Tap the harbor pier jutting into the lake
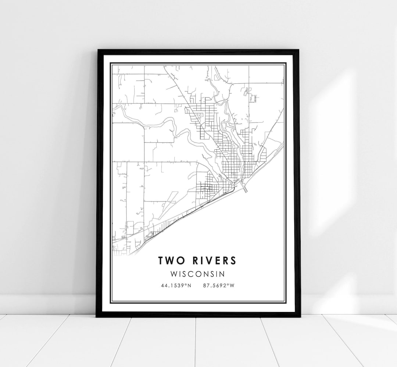pos(244,188)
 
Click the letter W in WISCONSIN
pos(174,274)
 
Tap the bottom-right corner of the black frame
pos(300,316)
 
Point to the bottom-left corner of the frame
pos(97,316)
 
